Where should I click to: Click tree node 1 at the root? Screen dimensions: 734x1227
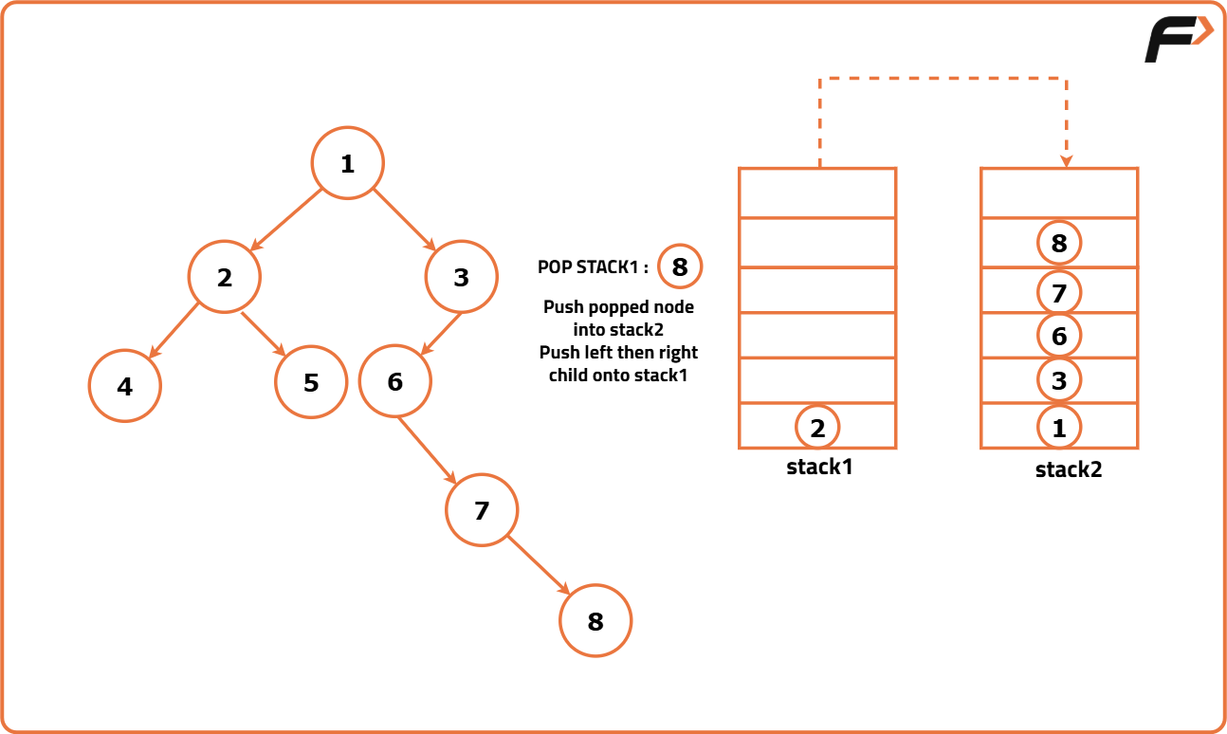coord(348,163)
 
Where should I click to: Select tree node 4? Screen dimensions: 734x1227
coord(125,386)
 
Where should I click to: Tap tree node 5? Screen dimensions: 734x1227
coord(311,382)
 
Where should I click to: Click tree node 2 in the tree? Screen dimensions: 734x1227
coord(224,277)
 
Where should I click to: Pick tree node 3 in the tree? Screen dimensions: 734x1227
coord(462,277)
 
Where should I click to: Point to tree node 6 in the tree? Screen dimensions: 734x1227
coord(395,381)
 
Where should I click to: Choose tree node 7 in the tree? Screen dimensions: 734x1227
coord(482,510)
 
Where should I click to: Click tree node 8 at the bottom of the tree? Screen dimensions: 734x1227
coord(595,621)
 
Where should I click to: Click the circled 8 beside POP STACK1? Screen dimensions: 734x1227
coord(680,266)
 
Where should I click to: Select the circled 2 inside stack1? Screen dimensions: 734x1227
coord(817,427)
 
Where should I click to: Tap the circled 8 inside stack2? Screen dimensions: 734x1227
coord(1059,244)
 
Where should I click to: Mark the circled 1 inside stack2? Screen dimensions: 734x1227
coord(1059,427)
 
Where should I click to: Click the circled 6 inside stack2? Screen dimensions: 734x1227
coord(1059,336)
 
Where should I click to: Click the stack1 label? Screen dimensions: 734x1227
coord(819,467)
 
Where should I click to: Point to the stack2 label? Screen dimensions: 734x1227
coord(1069,468)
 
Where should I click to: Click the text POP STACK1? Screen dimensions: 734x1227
coord(593,267)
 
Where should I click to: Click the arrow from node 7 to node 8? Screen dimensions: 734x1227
coord(539,565)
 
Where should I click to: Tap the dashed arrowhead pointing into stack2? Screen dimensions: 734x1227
coord(1067,161)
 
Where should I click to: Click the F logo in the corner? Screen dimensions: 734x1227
coord(1177,40)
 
